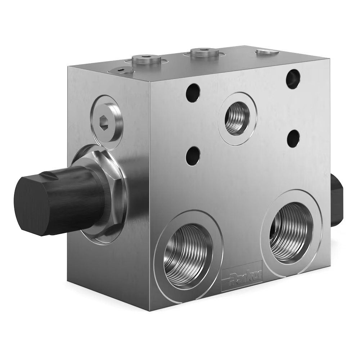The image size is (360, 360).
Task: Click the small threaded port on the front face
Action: (x=237, y=118)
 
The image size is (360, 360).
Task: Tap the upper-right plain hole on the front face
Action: (x=293, y=79)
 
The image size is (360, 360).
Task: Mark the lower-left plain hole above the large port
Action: (x=193, y=156)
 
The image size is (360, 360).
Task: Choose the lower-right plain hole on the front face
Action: (x=293, y=139)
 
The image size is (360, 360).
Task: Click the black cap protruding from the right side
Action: (x=336, y=200)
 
